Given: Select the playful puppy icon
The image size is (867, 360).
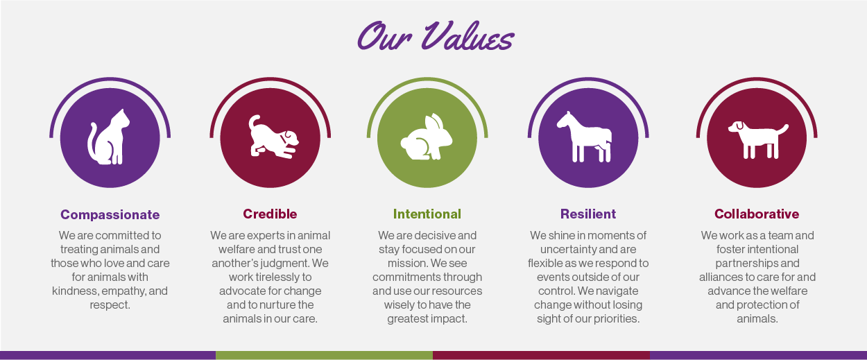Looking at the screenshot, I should point(271,137).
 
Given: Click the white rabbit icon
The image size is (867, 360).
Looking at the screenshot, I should point(426,137).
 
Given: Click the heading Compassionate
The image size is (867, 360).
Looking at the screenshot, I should point(110,214).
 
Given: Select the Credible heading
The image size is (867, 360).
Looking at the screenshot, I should point(270,214).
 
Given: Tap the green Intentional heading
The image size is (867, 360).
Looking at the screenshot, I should point(427,214).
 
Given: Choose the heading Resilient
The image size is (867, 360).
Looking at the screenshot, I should point(588,214).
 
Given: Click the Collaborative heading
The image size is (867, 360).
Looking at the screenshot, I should point(757,214).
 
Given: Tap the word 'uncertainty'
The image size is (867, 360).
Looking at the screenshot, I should point(567,249).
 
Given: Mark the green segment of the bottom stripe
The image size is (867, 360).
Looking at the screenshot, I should point(324,355).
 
